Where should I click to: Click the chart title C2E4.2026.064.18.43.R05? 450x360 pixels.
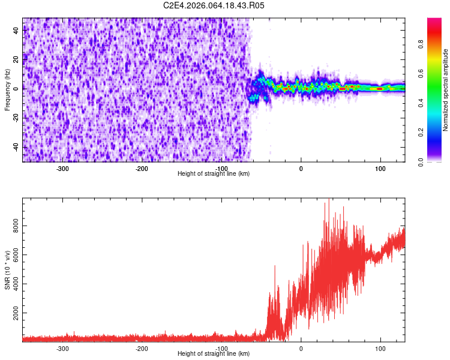tap(214, 5)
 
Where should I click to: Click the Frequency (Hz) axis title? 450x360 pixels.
tap(7, 90)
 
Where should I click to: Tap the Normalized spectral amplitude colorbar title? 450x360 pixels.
tap(446, 90)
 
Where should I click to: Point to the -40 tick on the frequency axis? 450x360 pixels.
tap(15, 147)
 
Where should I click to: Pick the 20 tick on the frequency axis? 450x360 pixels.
tap(16, 59)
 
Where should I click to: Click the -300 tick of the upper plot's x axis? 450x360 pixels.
tap(62, 169)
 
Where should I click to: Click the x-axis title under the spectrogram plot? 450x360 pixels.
tap(214, 174)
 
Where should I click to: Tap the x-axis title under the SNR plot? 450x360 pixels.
tap(214, 354)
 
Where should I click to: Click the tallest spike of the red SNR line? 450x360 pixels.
tap(328, 200)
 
